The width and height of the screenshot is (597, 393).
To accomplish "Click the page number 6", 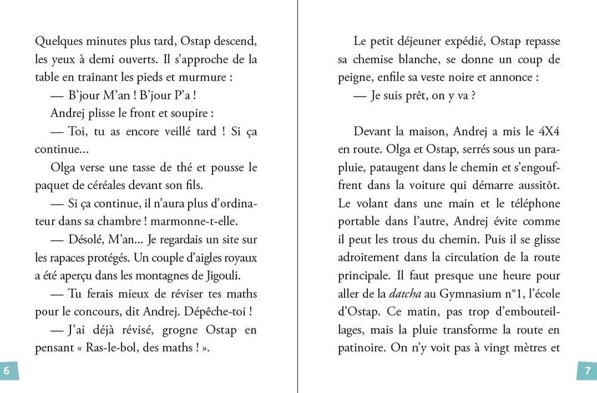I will (8, 371).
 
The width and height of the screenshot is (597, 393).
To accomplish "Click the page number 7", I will (587, 371).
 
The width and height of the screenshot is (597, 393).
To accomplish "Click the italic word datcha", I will (404, 293).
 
